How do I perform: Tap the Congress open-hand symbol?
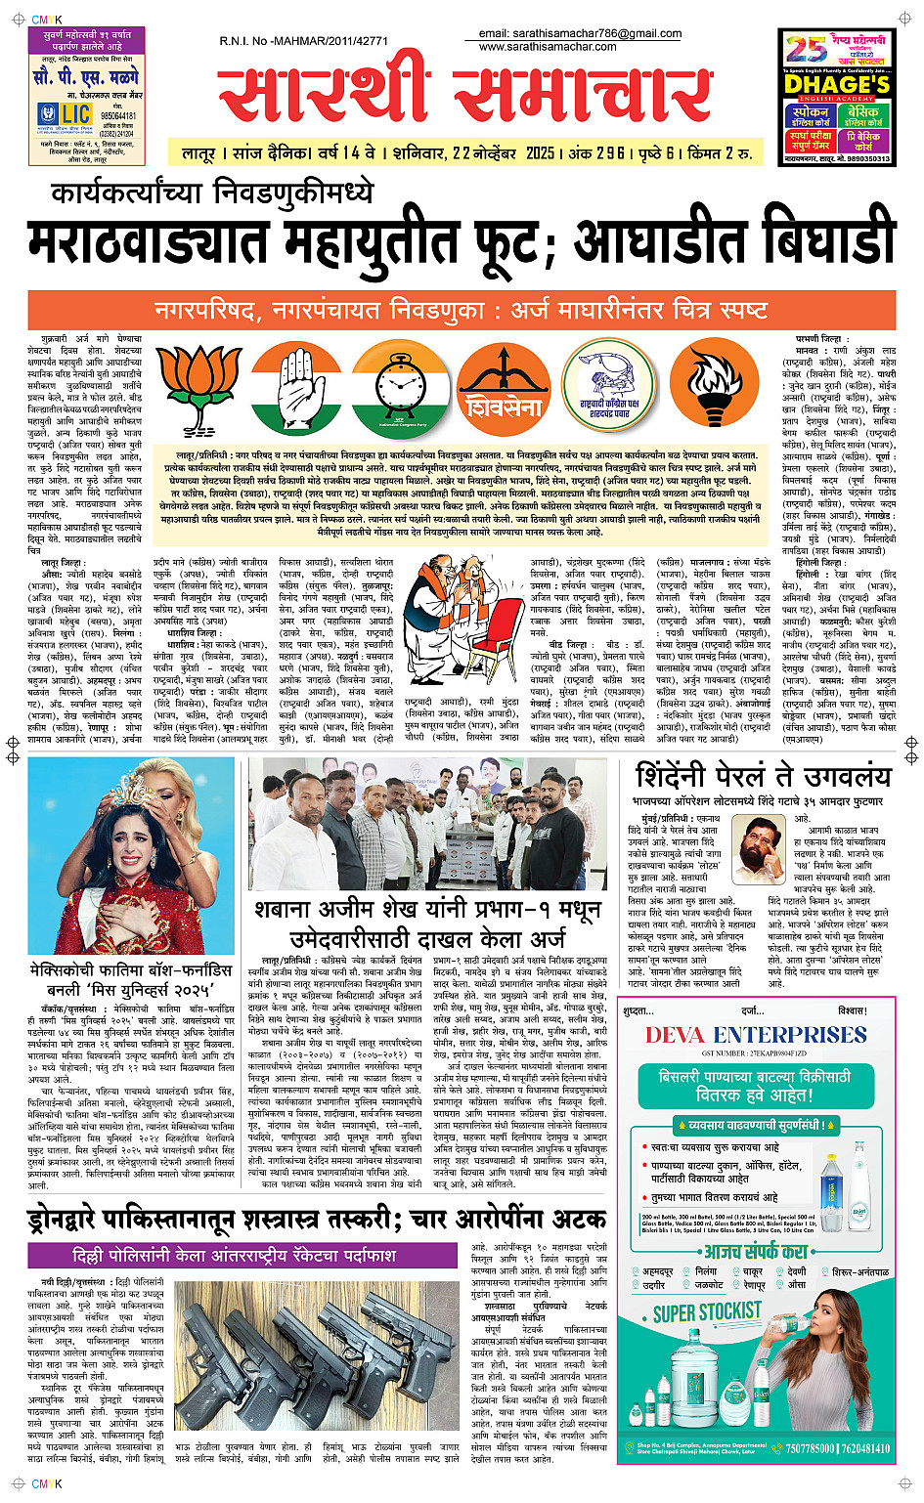(295, 383)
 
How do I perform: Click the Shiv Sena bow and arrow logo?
(504, 383)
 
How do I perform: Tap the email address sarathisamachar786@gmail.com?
(580, 33)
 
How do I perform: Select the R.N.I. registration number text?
(304, 41)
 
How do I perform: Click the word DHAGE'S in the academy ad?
(837, 85)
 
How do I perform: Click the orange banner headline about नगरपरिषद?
(461, 311)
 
